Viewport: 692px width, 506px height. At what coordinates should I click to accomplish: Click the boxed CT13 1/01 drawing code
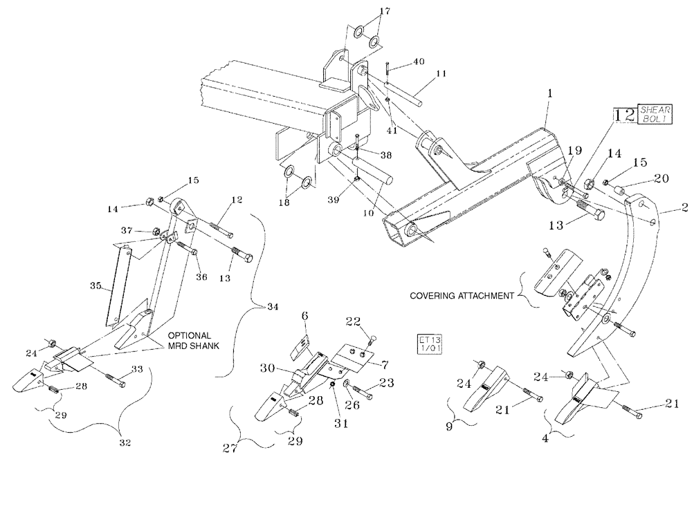(x=428, y=344)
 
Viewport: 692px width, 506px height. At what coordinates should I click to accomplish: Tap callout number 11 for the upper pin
(x=441, y=73)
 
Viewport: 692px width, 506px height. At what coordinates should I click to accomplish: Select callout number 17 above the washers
(x=384, y=11)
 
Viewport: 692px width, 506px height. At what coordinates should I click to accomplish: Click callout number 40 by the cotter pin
(x=419, y=62)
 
